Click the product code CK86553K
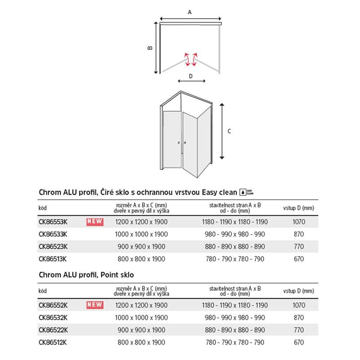pyautogui.click(x=53, y=222)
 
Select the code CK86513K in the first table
pyautogui.click(x=53, y=259)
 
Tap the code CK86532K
pyautogui.click(x=53, y=317)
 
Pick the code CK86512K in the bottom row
pyautogui.click(x=53, y=342)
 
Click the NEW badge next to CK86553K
pyautogui.click(x=94, y=221)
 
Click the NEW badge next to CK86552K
pyautogui.click(x=94, y=305)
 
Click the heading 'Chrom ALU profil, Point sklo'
pyautogui.click(x=86, y=274)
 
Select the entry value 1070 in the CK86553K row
pyautogui.click(x=298, y=222)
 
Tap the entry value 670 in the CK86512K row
pyautogui.click(x=298, y=342)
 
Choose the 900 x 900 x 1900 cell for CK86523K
pyautogui.click(x=141, y=247)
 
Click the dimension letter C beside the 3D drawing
pyautogui.click(x=229, y=131)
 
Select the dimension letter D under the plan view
pyautogui.click(x=191, y=76)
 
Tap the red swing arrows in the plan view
pyautogui.click(x=190, y=58)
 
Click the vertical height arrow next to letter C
pyautogui.click(x=222, y=131)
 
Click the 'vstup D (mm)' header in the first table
pyautogui.click(x=298, y=208)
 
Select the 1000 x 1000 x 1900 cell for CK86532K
pyautogui.click(x=141, y=317)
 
